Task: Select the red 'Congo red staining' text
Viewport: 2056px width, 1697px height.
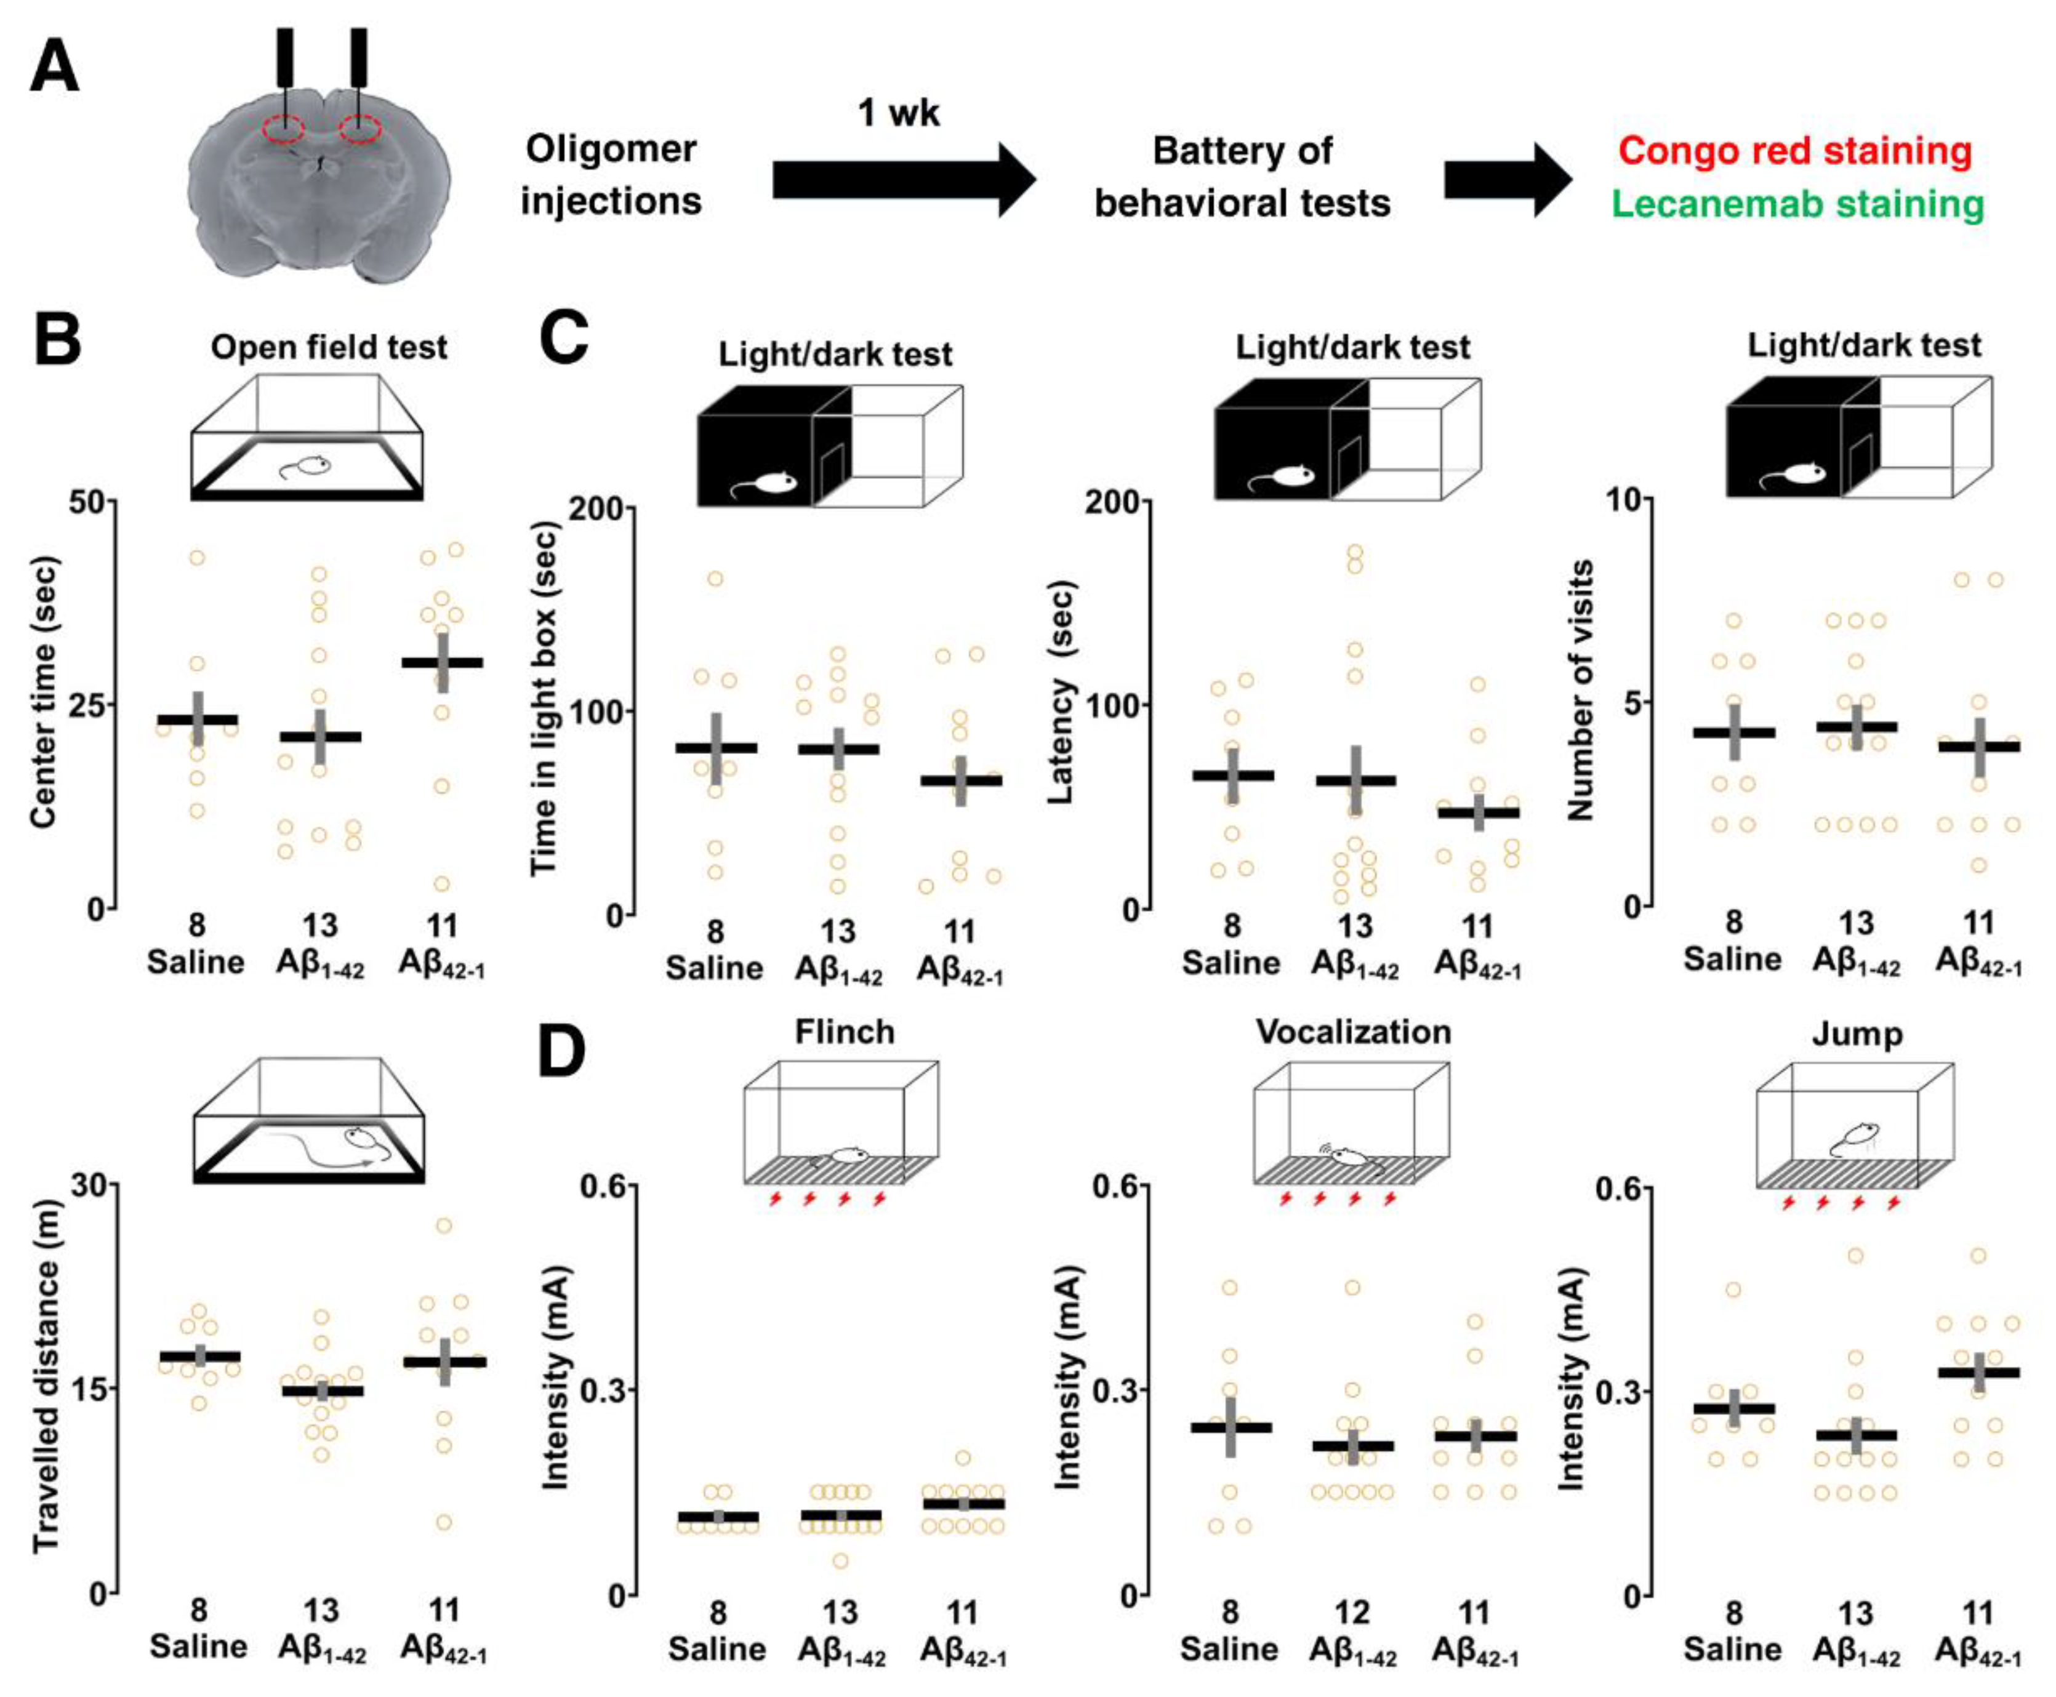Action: tap(1795, 151)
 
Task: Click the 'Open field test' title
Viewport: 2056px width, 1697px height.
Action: tap(329, 347)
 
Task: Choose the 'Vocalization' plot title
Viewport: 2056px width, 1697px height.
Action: tap(1353, 1032)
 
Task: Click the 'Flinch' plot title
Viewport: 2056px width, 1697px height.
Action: tap(845, 1032)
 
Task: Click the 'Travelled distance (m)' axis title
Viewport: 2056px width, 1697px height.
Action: tap(46, 1378)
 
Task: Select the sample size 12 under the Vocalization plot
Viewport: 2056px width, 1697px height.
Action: tap(1353, 1612)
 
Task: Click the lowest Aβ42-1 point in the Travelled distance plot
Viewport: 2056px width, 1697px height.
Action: tap(444, 1522)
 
